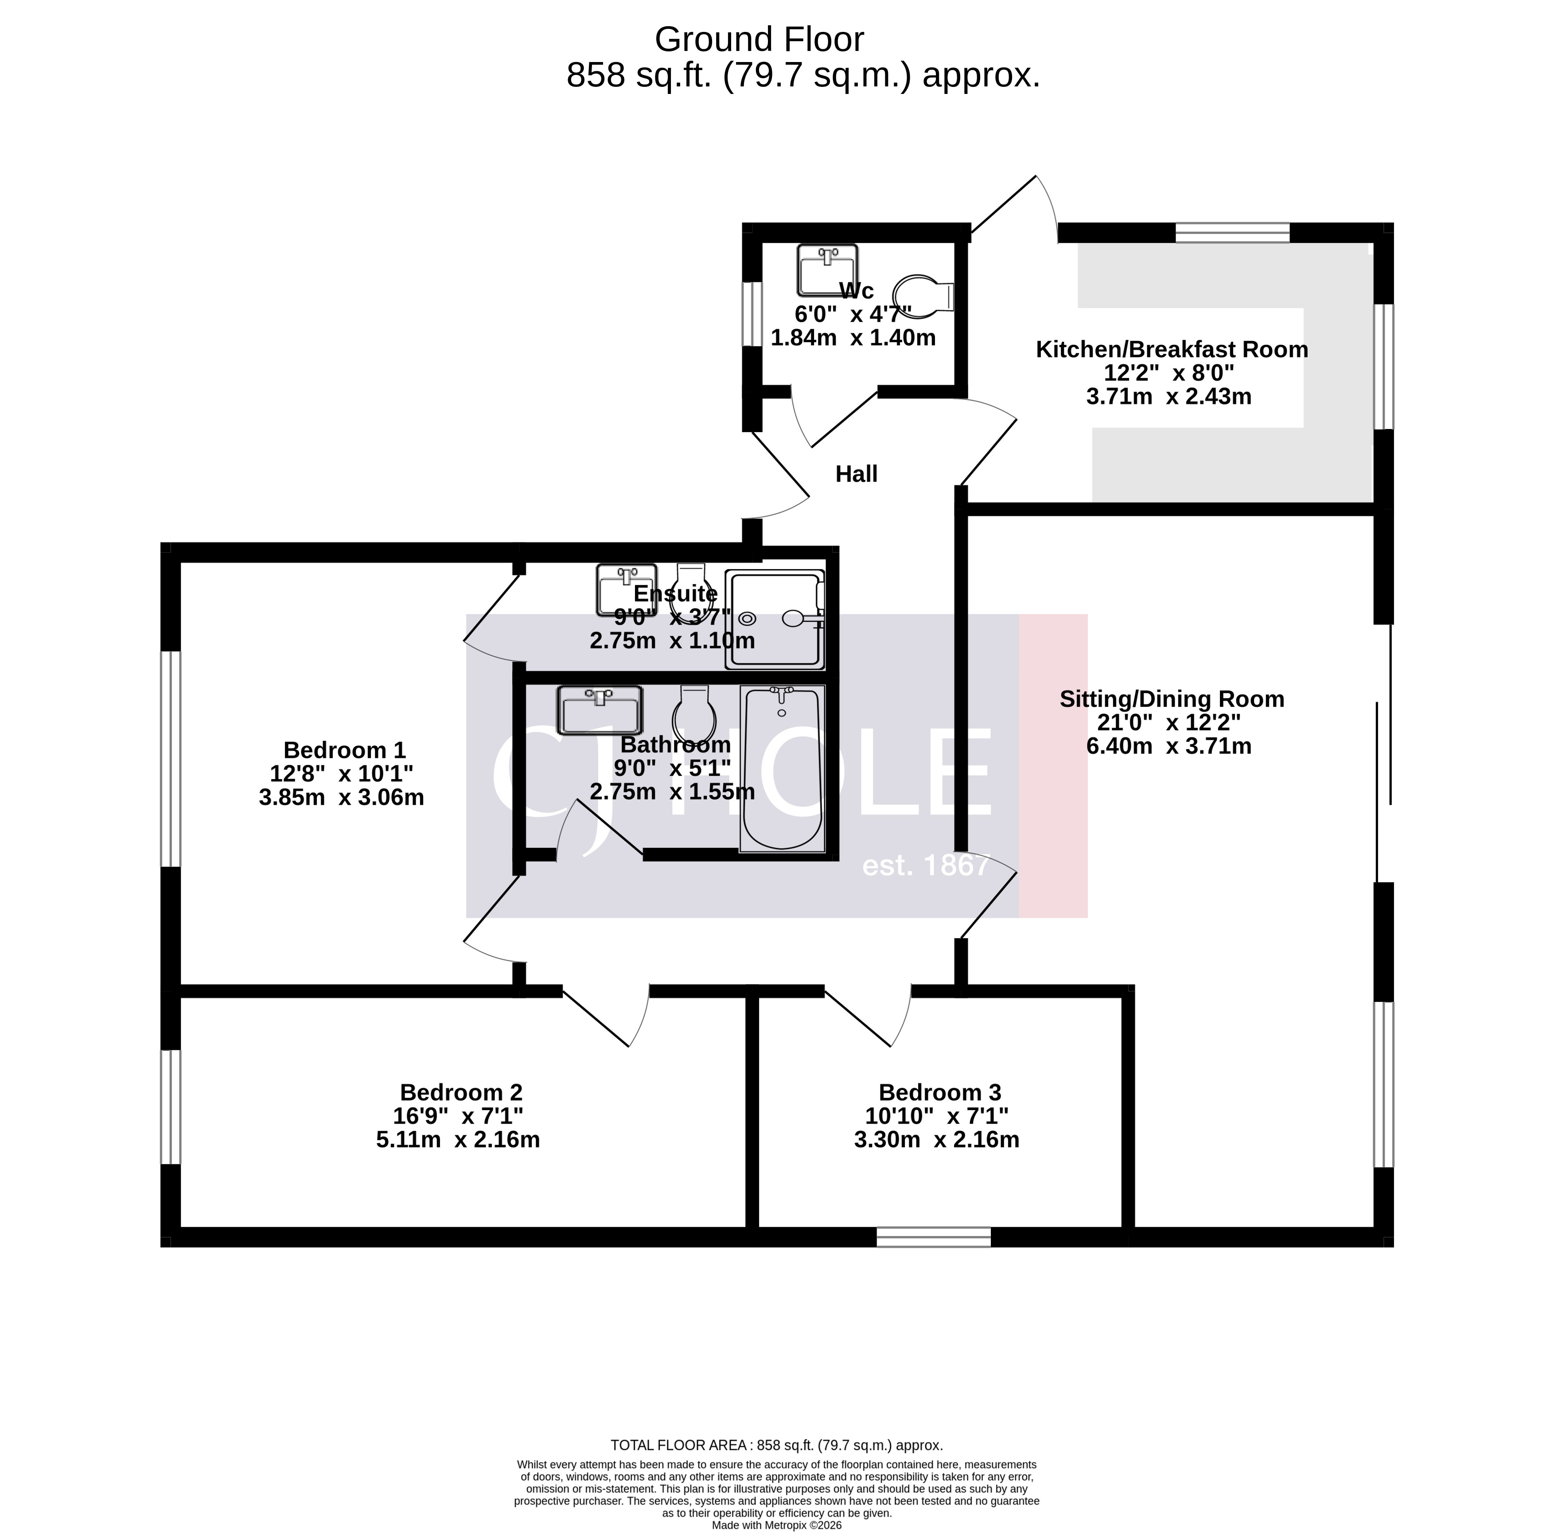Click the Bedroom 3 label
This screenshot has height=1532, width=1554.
coord(939,1093)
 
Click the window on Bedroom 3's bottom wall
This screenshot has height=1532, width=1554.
coord(933,1237)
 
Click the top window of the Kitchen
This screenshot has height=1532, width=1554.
coord(1232,234)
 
